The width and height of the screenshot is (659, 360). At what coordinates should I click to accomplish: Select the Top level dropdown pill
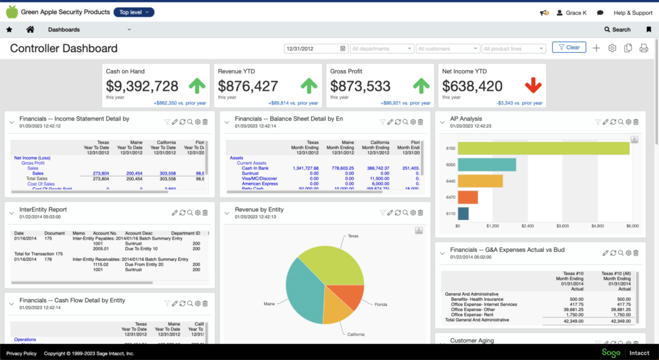pyautogui.click(x=134, y=12)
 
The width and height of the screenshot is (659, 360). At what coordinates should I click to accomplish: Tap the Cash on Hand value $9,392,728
pyautogui.click(x=142, y=86)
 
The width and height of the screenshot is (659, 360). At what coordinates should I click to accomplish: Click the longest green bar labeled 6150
pyautogui.click(x=543, y=148)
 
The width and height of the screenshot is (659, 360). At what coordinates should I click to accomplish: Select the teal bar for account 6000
pyautogui.click(x=487, y=164)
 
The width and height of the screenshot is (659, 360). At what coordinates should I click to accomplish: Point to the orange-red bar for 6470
pyautogui.click(x=468, y=197)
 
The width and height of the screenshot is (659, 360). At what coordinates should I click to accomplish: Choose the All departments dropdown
pyautogui.click(x=382, y=48)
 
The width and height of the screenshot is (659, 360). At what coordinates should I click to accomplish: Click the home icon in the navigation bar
pyautogui.click(x=30, y=30)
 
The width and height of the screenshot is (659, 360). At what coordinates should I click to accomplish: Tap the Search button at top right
pyautogui.click(x=617, y=30)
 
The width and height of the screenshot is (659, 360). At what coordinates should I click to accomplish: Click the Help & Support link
pyautogui.click(x=633, y=12)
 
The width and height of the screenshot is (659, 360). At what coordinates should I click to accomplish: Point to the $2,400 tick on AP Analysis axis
pyautogui.click(x=528, y=227)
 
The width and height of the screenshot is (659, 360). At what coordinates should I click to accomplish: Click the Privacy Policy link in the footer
pyautogui.click(x=21, y=354)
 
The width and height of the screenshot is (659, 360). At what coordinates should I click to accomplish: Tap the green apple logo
pyautogui.click(x=12, y=12)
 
